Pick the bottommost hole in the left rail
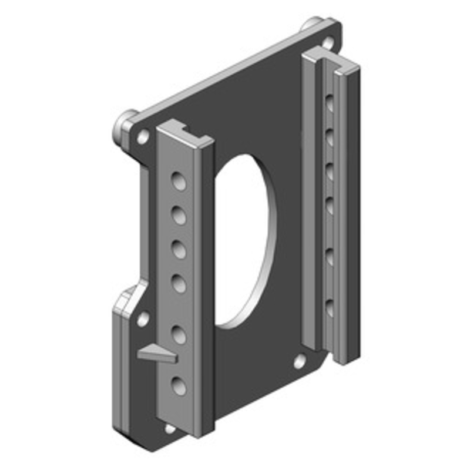pyautogui.click(x=179, y=385)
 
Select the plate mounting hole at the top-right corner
pyautogui.click(x=327, y=43)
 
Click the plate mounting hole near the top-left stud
pyautogui.click(x=143, y=137)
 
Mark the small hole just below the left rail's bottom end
pyautogui.click(x=170, y=429)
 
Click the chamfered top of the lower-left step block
pyautogui.click(x=130, y=298)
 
